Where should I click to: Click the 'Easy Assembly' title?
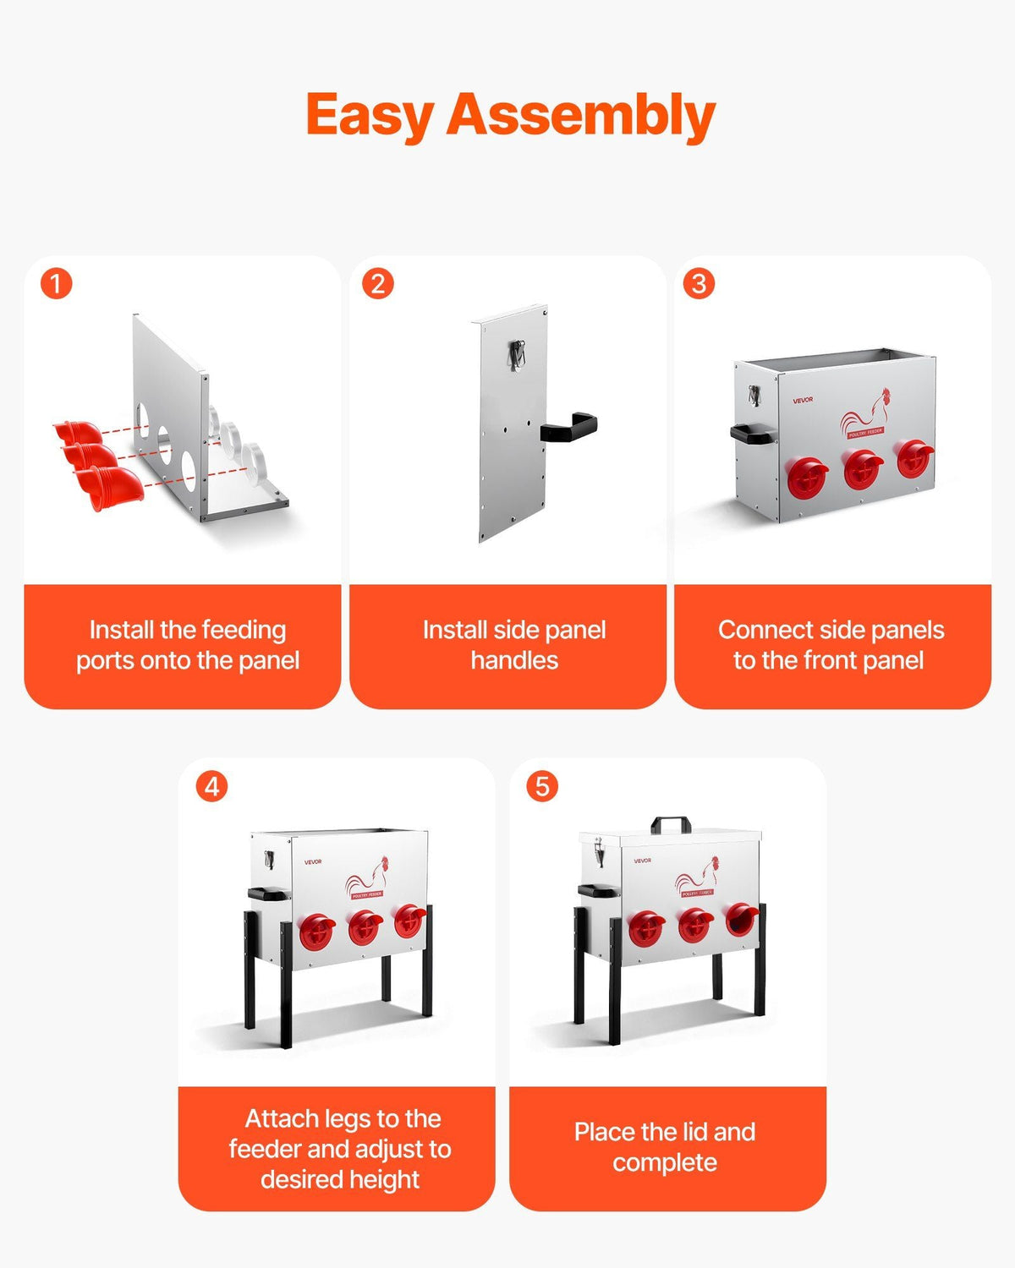[x=511, y=116]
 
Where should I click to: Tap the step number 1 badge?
[x=57, y=283]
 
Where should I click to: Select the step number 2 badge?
[x=378, y=283]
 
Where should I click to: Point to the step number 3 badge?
[x=699, y=283]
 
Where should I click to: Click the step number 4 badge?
[x=211, y=787]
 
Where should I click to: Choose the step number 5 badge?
[x=542, y=787]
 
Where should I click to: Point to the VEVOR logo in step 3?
[x=803, y=400]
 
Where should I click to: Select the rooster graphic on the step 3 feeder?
[x=866, y=413]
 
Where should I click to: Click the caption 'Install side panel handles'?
[x=514, y=645]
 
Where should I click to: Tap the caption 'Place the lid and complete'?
[x=666, y=1147]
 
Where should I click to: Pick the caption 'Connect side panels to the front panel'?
[x=831, y=645]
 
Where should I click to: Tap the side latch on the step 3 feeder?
[x=754, y=396]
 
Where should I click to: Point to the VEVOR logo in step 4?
[x=313, y=862]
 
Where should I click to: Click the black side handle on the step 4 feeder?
[x=268, y=894]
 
